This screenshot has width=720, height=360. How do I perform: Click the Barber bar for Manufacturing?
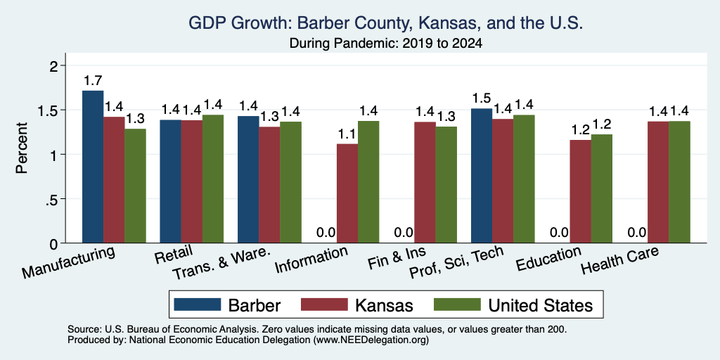pos(93,167)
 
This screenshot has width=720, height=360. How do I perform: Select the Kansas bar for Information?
pos(347,193)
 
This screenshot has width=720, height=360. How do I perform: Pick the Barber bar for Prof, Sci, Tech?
pos(482,176)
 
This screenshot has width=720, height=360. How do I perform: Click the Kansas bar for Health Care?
pos(658,182)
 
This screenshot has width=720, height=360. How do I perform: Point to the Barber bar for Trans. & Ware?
pos(248,179)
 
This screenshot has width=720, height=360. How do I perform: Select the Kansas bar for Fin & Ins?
pos(425,182)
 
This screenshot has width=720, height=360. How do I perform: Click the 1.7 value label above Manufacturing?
pos(93,81)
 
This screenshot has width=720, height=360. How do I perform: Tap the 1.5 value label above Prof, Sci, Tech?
pos(482,98)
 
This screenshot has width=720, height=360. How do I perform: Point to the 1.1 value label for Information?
pos(347,134)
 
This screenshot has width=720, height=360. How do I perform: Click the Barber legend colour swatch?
pos(198,304)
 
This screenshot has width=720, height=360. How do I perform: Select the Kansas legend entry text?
pos(385,305)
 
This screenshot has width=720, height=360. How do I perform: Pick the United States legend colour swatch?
pos(456,304)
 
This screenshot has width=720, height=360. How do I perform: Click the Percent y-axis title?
pos(22,148)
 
